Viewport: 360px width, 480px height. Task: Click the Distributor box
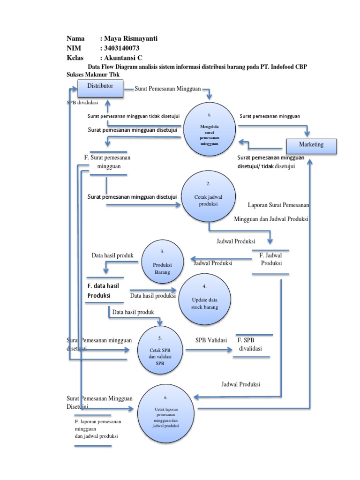pyautogui.click(x=100, y=89)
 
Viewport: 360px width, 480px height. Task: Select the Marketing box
pyautogui.click(x=311, y=145)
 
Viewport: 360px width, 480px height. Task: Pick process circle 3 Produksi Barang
pyautogui.click(x=162, y=263)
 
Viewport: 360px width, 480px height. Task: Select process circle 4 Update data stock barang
pyautogui.click(x=204, y=300)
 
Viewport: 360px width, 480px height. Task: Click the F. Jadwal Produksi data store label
pyautogui.click(x=271, y=260)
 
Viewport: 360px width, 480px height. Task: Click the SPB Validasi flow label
pyautogui.click(x=211, y=340)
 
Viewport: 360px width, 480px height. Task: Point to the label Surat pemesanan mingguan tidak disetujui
pyautogui.click(x=133, y=117)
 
